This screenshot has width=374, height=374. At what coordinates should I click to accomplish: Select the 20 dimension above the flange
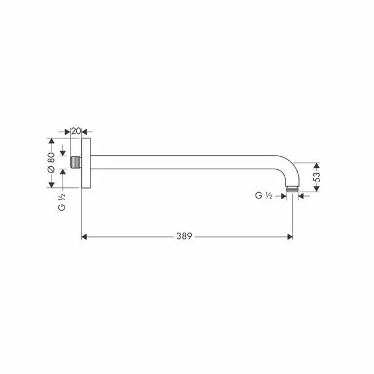click(76, 131)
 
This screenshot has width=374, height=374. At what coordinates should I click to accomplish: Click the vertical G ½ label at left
click(62, 201)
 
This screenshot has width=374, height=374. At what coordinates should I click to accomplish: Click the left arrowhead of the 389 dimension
click(86, 236)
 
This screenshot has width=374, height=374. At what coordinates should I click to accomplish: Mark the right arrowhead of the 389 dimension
click(290, 236)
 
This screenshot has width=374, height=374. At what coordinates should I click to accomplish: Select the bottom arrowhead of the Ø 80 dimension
click(52, 185)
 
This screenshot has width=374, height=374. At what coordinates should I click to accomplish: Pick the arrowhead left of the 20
click(67, 131)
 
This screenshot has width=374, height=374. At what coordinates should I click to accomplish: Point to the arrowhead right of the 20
click(85, 131)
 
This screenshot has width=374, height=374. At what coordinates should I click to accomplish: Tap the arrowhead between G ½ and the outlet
click(282, 196)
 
